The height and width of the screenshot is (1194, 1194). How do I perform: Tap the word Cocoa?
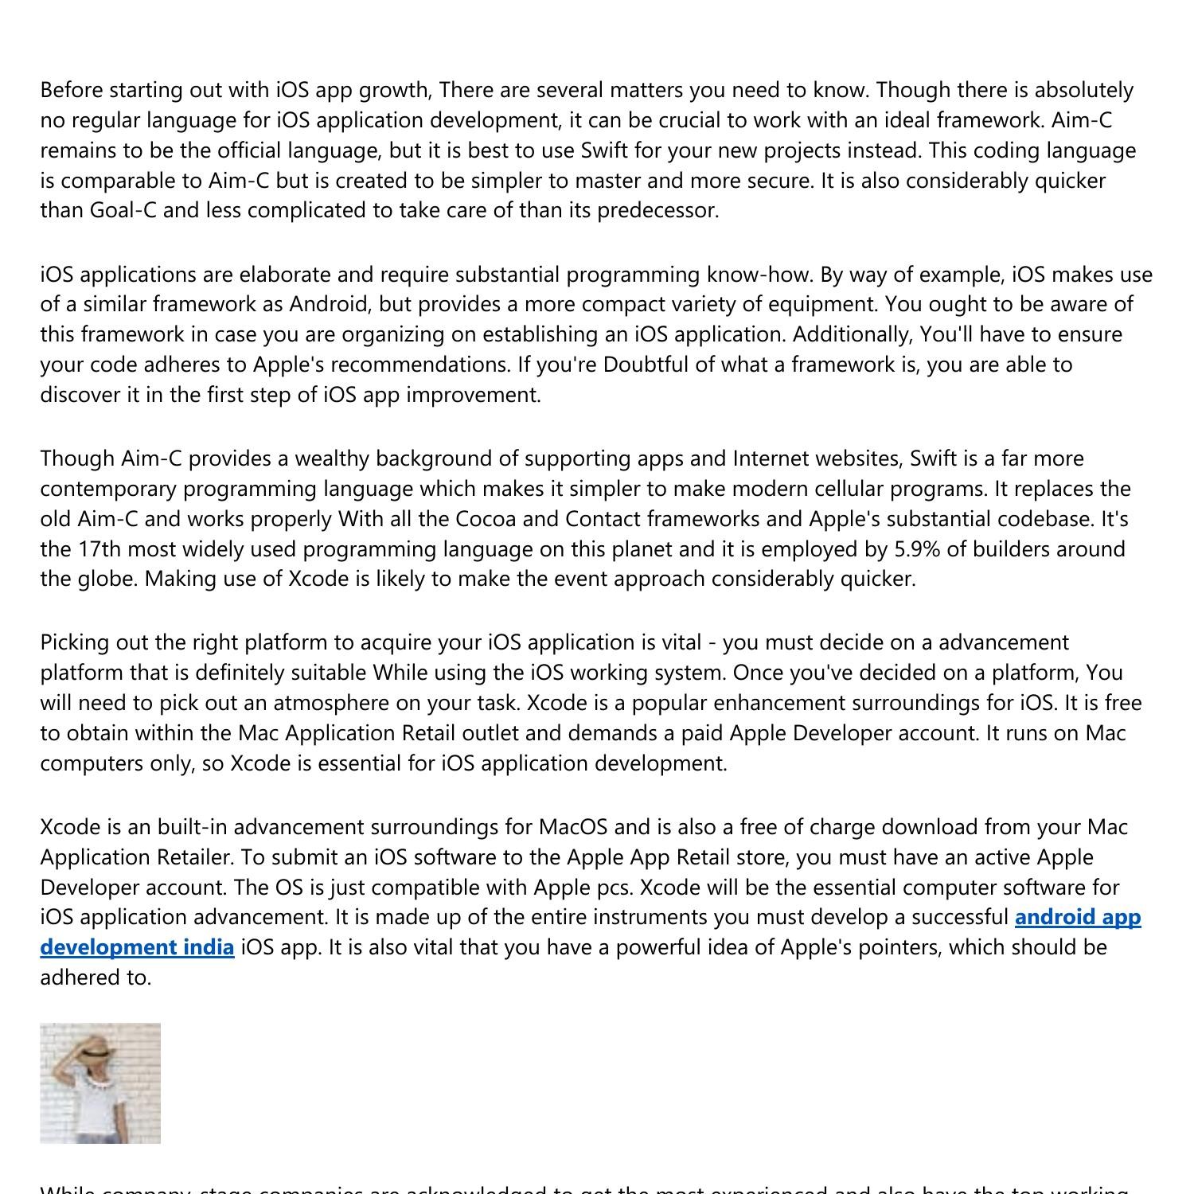[x=486, y=519]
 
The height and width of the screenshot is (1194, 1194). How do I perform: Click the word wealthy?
[x=327, y=458]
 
